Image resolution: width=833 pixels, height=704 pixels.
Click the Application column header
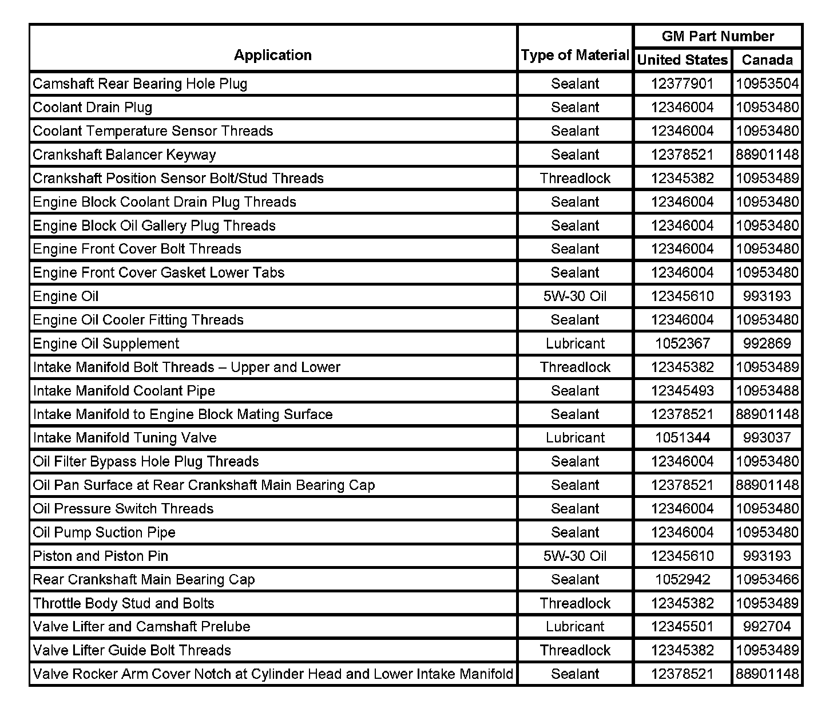pyautogui.click(x=273, y=55)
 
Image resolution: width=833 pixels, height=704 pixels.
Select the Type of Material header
pyautogui.click(x=575, y=55)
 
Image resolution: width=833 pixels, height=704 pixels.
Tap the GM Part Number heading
pyautogui.click(x=717, y=36)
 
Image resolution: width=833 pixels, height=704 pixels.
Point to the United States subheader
pyautogui.click(x=683, y=60)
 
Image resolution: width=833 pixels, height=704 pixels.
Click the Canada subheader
pyautogui.click(x=767, y=60)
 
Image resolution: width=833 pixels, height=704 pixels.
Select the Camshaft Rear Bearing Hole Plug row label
pyautogui.click(x=140, y=84)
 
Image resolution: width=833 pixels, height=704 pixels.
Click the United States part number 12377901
pyautogui.click(x=683, y=84)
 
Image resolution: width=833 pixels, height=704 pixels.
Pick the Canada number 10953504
pyautogui.click(x=767, y=84)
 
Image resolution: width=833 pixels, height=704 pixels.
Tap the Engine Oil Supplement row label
pyautogui.click(x=106, y=343)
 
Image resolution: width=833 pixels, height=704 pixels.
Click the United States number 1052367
pyautogui.click(x=683, y=343)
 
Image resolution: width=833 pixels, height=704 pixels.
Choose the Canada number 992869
pyautogui.click(x=767, y=343)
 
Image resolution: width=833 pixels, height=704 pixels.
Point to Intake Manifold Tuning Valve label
pyautogui.click(x=125, y=438)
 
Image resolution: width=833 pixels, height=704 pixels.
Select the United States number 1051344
pyautogui.click(x=683, y=438)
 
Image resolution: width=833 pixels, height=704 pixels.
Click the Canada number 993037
pyautogui.click(x=767, y=438)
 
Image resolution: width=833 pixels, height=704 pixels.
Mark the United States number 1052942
pyautogui.click(x=683, y=579)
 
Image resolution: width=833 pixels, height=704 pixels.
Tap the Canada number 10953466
pyautogui.click(x=767, y=579)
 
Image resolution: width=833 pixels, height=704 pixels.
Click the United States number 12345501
pyautogui.click(x=683, y=626)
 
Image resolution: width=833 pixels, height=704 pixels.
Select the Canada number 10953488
pyautogui.click(x=767, y=390)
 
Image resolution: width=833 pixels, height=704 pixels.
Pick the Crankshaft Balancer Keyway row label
pyautogui.click(x=124, y=155)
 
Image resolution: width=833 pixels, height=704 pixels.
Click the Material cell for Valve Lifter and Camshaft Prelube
pyautogui.click(x=575, y=626)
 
